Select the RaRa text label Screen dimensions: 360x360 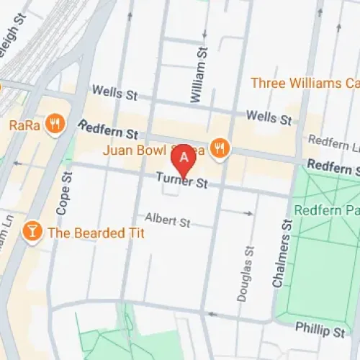click(x=24, y=125)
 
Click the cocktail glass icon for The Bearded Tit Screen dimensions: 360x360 click(x=32, y=232)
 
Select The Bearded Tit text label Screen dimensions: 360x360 click(x=96, y=233)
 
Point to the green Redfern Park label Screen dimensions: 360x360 click(x=328, y=210)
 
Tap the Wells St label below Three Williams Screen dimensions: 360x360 click(x=268, y=116)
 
